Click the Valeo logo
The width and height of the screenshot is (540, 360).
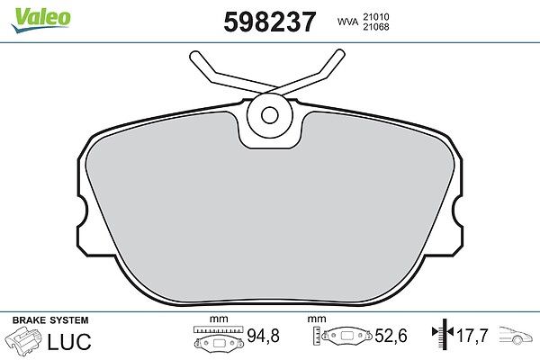click(40, 20)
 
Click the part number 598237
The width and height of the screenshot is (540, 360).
click(270, 22)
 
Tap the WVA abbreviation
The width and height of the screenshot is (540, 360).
click(347, 22)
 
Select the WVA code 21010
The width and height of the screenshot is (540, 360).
click(375, 16)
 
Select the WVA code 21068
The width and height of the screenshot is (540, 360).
click(375, 27)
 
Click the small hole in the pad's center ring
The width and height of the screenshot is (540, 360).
click(270, 115)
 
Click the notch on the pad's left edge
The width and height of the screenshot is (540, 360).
click(83, 211)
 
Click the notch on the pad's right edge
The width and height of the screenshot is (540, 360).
click(457, 211)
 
